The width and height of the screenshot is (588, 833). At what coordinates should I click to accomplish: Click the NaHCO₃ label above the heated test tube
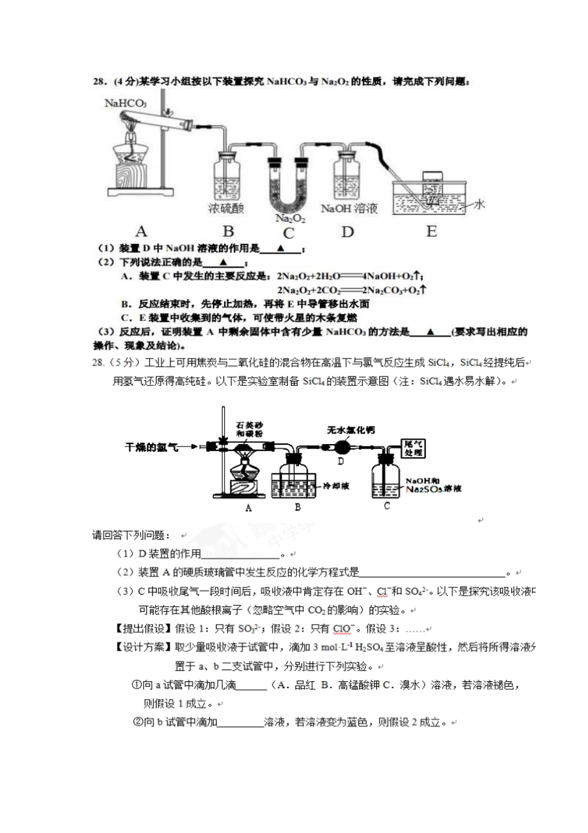click(x=125, y=103)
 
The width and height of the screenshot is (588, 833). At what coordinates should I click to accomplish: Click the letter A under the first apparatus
click(x=142, y=232)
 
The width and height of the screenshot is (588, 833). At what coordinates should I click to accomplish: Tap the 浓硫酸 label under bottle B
click(x=226, y=209)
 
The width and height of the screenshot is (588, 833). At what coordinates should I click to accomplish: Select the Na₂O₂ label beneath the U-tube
click(x=290, y=218)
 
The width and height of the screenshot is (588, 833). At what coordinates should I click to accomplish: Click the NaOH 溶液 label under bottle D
click(x=349, y=209)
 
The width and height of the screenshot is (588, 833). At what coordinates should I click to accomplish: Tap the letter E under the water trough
click(x=431, y=232)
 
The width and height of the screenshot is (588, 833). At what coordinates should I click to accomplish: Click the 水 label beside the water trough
click(x=479, y=204)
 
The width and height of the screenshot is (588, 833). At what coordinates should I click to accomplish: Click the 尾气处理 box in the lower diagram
click(x=413, y=448)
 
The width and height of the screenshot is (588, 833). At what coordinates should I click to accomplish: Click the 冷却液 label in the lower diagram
click(x=336, y=486)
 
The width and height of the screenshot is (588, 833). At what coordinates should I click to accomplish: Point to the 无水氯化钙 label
click(x=351, y=430)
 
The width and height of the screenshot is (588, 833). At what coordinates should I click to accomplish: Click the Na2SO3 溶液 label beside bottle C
click(x=433, y=489)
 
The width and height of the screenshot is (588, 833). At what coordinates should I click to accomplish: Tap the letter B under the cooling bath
click(x=298, y=507)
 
